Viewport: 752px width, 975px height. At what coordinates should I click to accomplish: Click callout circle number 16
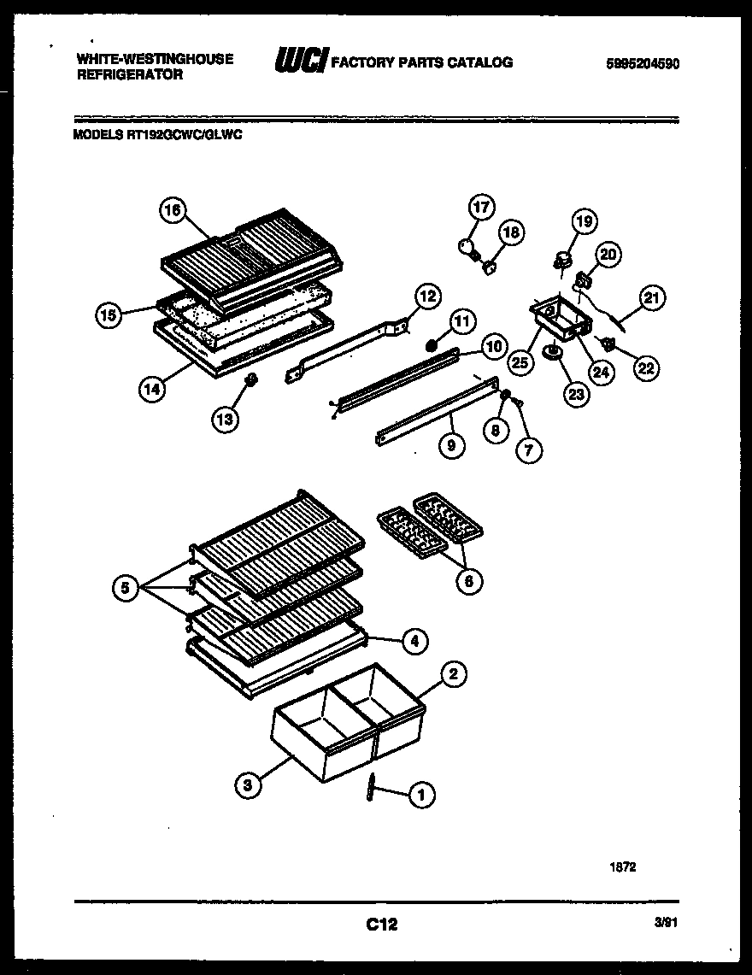(x=173, y=210)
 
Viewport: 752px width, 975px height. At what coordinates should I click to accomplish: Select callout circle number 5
(x=126, y=587)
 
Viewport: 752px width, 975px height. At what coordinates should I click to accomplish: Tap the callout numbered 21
(x=653, y=297)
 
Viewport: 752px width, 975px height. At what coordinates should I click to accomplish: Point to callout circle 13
(x=227, y=419)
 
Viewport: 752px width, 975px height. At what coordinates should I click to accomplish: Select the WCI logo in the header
(x=299, y=62)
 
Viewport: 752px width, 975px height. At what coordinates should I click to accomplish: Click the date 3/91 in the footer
(x=668, y=923)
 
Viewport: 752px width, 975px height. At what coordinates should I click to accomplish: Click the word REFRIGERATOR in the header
(x=130, y=75)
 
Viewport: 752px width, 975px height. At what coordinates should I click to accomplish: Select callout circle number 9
(x=452, y=445)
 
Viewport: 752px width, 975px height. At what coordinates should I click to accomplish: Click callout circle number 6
(x=468, y=581)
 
